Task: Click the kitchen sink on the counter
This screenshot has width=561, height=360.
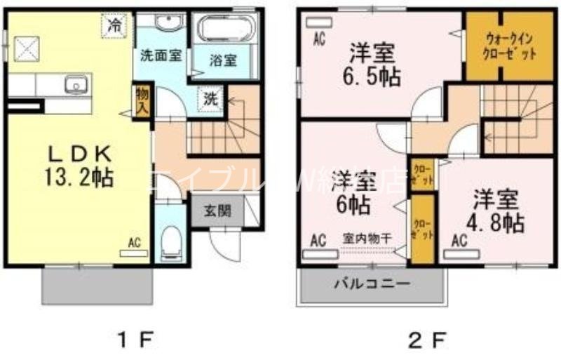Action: [75, 86]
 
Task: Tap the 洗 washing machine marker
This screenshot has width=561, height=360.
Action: [210, 99]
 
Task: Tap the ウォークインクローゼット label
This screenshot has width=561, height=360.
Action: [500, 46]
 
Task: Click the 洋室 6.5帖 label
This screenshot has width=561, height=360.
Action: [371, 65]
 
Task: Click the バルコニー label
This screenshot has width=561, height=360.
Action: [372, 284]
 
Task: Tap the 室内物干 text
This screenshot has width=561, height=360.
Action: [367, 238]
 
